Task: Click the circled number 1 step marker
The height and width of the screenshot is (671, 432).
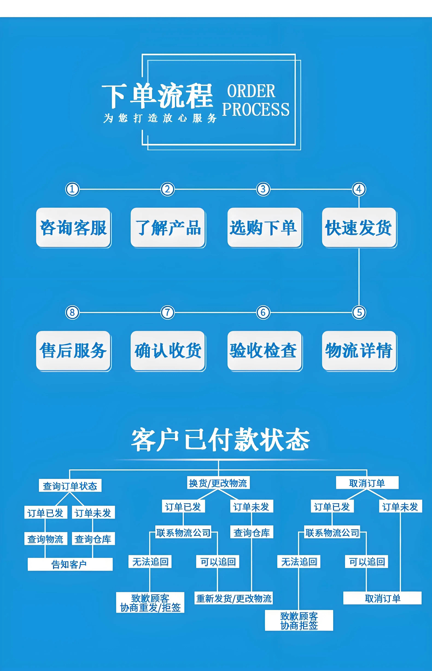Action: click(72, 189)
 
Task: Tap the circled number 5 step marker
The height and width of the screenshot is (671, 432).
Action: click(359, 312)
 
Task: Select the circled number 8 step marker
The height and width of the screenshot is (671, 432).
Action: click(72, 312)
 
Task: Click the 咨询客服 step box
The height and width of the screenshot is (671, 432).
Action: click(74, 227)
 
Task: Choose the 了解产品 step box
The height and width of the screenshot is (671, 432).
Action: click(168, 227)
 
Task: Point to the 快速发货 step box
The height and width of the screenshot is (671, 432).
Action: click(359, 227)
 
